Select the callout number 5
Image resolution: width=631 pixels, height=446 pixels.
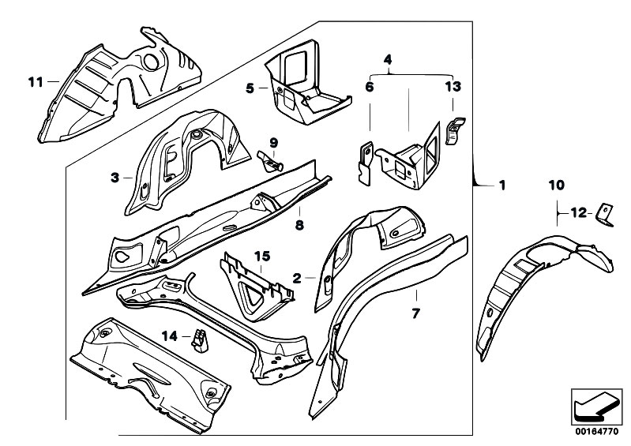click(x=250, y=89)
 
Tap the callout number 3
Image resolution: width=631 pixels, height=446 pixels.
click(x=115, y=178)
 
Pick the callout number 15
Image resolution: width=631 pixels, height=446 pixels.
click(x=261, y=255)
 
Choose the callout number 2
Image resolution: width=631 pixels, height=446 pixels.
click(x=298, y=278)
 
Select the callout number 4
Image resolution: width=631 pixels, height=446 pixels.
click(x=388, y=59)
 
